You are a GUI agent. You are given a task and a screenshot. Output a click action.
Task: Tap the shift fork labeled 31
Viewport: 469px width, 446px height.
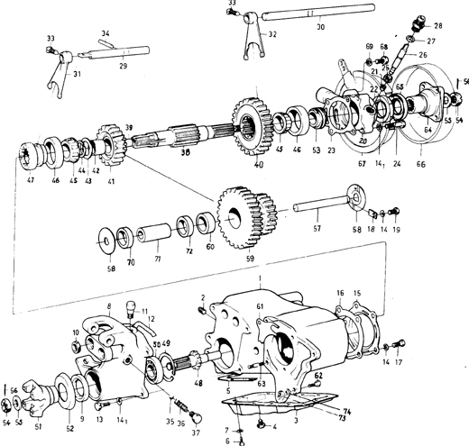click(x=61, y=68)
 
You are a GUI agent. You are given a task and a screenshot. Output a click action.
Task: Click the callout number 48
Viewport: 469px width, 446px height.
click(x=199, y=383)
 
